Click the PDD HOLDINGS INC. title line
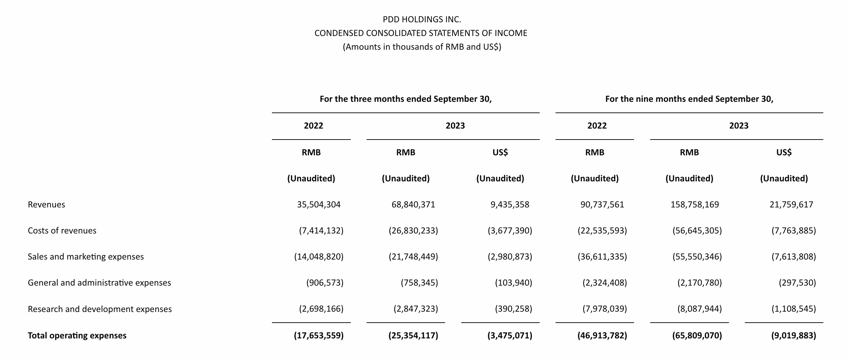[422, 20]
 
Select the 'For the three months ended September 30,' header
[406, 99]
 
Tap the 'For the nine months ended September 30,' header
[689, 99]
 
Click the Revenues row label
[46, 205]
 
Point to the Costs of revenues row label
[62, 231]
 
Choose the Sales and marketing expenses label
[86, 257]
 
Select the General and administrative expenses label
[99, 283]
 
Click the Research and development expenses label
[99, 309]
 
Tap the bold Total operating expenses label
[77, 335]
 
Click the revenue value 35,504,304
[319, 205]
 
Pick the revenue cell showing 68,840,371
[413, 205]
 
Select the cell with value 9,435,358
[510, 205]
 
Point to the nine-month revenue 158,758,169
[695, 205]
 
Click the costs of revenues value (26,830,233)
[413, 231]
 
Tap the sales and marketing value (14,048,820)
[319, 257]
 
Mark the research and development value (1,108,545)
[794, 309]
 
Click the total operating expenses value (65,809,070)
[697, 335]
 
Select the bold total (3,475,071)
[510, 335]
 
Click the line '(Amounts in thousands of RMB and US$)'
[422, 47]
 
